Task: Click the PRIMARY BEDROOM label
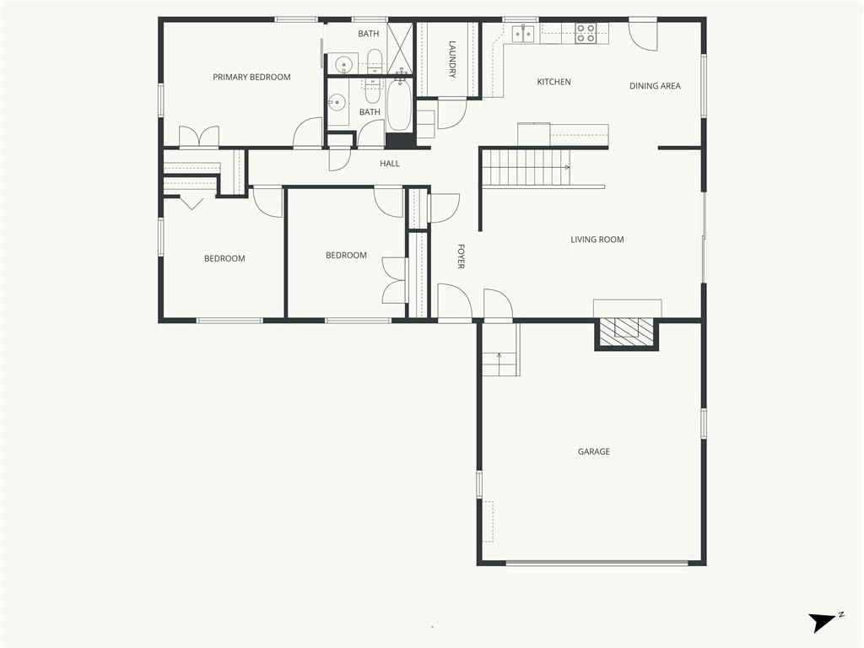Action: point(251,77)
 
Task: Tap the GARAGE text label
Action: point(593,451)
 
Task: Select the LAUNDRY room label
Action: point(452,60)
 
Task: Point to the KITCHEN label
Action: point(553,82)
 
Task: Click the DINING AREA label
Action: point(655,86)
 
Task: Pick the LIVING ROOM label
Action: point(597,240)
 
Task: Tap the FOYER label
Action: point(462,256)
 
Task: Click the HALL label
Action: point(390,164)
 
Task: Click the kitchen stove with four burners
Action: point(586,34)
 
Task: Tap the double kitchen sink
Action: point(523,34)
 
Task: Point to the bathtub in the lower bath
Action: point(399,105)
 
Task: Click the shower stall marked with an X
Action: point(399,47)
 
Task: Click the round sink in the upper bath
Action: point(344,63)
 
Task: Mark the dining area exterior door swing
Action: point(644,37)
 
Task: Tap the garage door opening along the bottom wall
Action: point(597,563)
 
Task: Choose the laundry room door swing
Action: point(452,114)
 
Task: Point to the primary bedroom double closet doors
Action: point(199,138)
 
